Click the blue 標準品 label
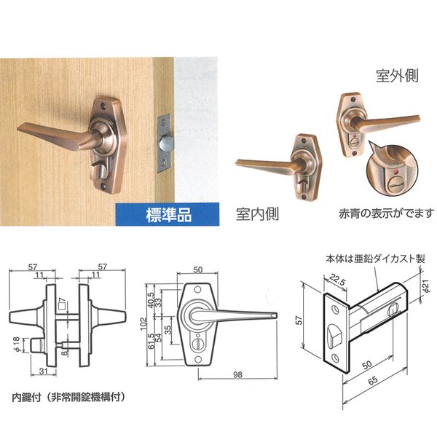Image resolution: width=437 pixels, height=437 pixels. tap(169, 215)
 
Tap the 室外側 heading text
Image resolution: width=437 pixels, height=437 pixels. tap(397, 75)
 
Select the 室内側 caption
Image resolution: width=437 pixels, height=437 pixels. tap(257, 214)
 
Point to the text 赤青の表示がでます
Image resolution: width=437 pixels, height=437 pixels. tap(386, 213)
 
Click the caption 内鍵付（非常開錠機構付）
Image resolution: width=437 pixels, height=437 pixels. tap(68, 397)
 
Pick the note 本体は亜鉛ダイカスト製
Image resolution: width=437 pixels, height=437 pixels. tap(375, 259)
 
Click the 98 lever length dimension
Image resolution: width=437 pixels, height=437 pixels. tap(237, 374)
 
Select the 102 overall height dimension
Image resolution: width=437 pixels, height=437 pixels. tap(143, 324)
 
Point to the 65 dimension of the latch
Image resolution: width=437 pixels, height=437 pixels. tap(373, 380)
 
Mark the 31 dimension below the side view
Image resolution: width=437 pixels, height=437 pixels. tap(44, 371)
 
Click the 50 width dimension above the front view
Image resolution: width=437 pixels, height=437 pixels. tap(197, 269)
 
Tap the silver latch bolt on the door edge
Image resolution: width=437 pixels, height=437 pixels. tap(164, 143)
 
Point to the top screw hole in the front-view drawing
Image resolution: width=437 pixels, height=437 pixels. tap(197, 290)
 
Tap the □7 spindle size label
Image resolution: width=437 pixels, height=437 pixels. tap(63, 303)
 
